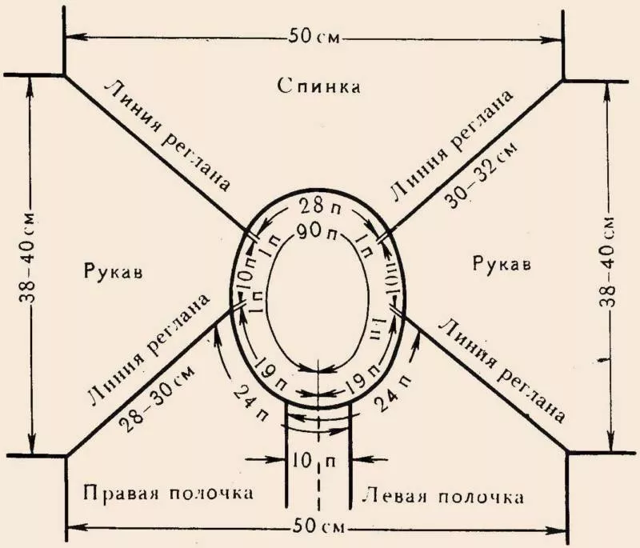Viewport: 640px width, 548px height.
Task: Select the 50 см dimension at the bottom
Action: [x=319, y=528]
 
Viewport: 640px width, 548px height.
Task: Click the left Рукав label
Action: [x=113, y=272]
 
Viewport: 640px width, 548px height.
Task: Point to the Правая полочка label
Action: [x=168, y=491]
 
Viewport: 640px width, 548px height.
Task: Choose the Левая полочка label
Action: [x=443, y=496]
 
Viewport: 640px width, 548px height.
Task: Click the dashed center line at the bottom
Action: [x=319, y=480]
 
